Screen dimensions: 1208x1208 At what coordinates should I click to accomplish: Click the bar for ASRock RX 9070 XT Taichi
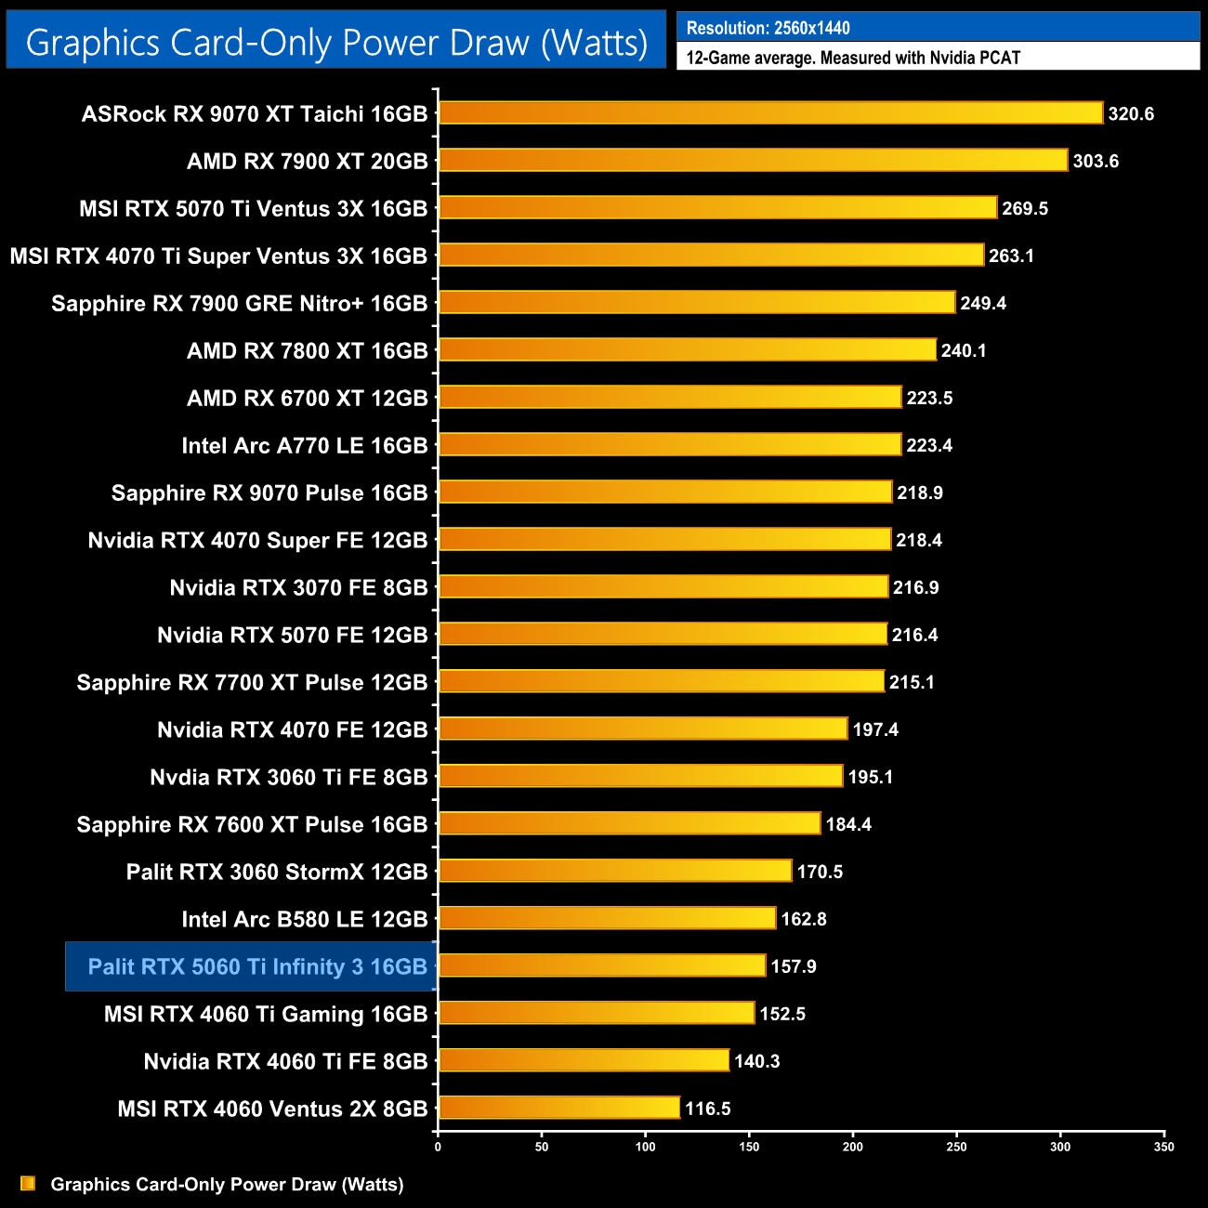[x=770, y=113]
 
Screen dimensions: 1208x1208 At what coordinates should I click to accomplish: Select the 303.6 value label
[x=1096, y=162]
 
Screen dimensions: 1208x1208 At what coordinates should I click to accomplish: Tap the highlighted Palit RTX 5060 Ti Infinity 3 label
[x=257, y=967]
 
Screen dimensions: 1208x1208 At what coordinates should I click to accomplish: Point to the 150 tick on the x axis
[x=749, y=1147]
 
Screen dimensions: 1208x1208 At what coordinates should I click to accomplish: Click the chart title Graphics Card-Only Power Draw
[x=336, y=43]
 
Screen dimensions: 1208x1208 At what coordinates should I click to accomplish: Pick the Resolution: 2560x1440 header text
[x=768, y=28]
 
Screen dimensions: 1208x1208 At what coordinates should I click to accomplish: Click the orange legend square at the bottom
[x=28, y=1183]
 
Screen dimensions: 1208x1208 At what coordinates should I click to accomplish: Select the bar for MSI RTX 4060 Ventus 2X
[x=558, y=1108]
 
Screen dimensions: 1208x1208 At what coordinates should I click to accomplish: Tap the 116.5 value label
[x=708, y=1109]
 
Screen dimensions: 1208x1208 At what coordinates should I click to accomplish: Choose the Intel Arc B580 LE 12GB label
[x=305, y=920]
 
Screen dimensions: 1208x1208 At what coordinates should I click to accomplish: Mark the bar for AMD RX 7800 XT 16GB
[x=687, y=350]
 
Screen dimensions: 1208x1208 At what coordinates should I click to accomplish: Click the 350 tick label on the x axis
[x=1163, y=1147]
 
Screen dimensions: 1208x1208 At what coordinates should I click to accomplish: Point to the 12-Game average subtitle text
[x=853, y=58]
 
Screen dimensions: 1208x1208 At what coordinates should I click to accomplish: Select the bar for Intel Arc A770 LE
[x=669, y=445]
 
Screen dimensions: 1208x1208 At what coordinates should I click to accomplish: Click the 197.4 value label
[x=875, y=730]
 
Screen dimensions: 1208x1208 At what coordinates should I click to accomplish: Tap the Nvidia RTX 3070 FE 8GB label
[x=298, y=588]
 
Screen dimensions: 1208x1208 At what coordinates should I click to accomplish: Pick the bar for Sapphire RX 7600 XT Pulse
[x=629, y=824]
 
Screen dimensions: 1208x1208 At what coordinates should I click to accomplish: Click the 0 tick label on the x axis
[x=438, y=1147]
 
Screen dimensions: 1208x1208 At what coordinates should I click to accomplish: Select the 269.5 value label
[x=1025, y=209]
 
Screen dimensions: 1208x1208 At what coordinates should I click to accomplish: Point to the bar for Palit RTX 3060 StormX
[x=614, y=872]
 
